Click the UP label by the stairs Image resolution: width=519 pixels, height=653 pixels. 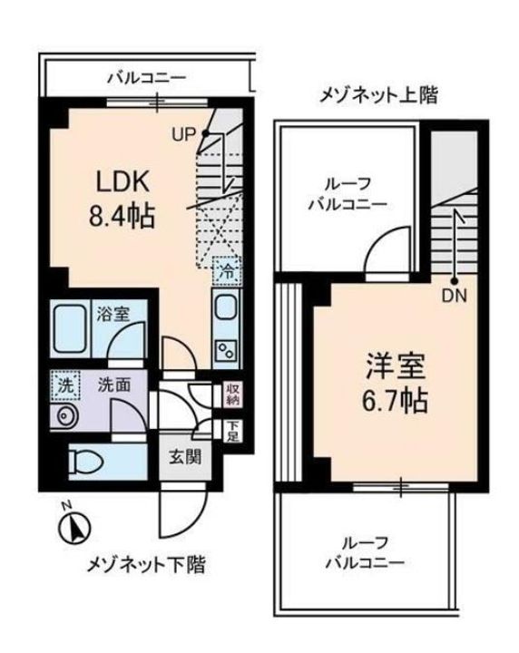click(185, 136)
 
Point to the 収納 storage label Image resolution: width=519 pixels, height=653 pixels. click(232, 393)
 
